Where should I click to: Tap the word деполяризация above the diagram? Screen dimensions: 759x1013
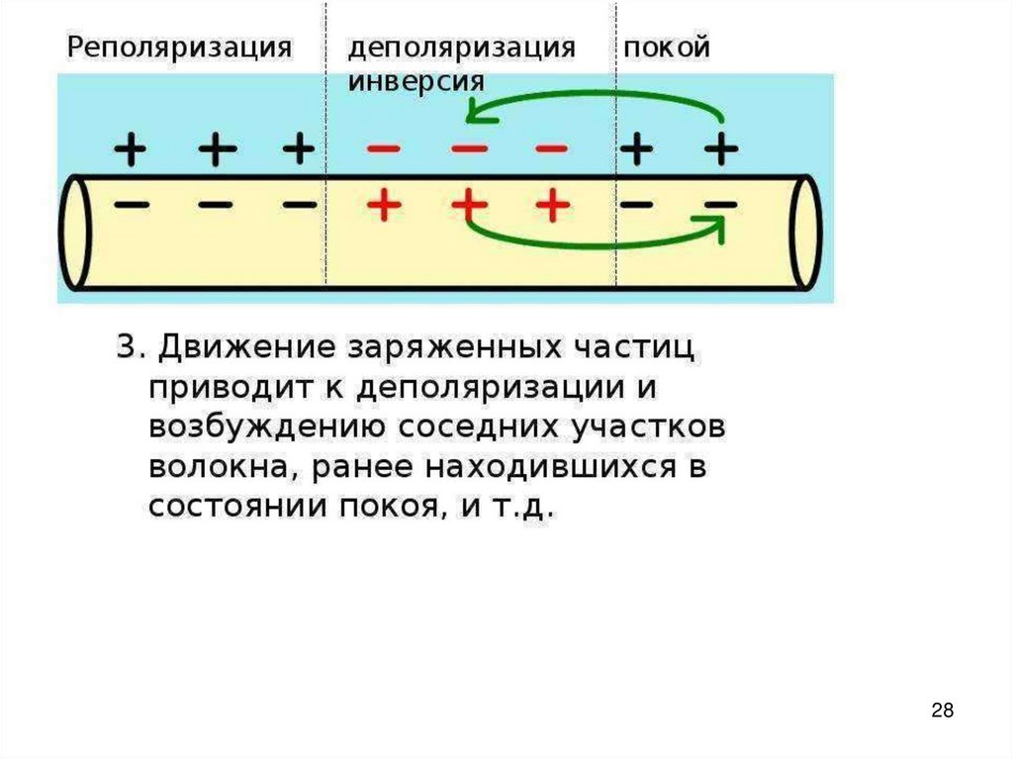pyautogui.click(x=460, y=48)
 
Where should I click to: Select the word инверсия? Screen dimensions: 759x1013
pyautogui.click(x=415, y=80)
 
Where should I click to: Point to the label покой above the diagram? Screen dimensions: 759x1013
pyautogui.click(x=666, y=47)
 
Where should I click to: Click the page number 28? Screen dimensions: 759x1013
pyautogui.click(x=943, y=710)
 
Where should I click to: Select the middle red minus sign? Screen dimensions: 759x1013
pyautogui.click(x=469, y=149)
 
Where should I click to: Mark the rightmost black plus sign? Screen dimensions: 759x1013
pyautogui.click(x=721, y=149)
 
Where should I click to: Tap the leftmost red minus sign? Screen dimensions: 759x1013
pyautogui.click(x=384, y=149)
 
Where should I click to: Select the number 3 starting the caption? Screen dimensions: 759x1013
pyautogui.click(x=127, y=348)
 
